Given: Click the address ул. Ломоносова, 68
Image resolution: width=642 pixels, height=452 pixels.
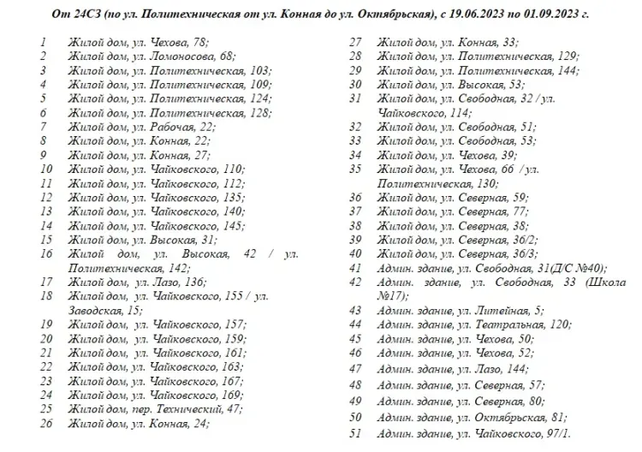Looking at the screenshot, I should (178, 56).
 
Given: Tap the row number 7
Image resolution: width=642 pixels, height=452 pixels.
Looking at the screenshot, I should (43, 126).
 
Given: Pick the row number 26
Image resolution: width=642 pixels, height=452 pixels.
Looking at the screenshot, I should (46, 423).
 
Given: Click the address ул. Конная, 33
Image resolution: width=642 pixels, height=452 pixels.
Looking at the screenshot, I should (475, 41).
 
